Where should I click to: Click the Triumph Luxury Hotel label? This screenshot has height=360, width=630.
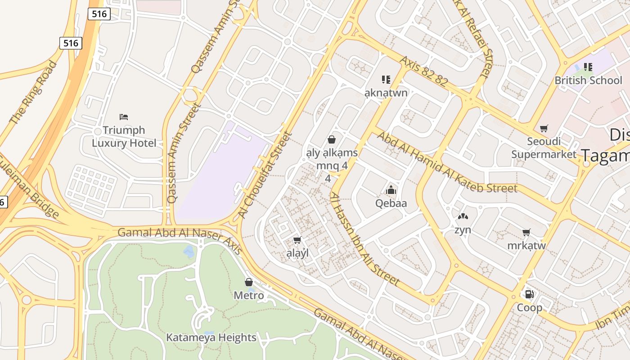124,137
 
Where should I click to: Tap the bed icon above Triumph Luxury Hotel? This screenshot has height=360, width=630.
124,117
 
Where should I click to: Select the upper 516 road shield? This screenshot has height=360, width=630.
99,14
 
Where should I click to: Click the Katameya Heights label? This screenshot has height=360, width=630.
211,337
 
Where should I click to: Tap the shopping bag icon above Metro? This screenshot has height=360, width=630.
249,282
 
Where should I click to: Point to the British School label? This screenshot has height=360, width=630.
588,81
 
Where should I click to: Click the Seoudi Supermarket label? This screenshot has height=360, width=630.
544,148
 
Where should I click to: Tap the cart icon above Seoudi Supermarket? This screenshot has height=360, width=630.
544,129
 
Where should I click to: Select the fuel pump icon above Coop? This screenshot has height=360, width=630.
530,294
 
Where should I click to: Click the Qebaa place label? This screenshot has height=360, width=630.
391,203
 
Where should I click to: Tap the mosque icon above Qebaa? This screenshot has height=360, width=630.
391,190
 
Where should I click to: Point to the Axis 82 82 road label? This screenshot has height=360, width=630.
423,71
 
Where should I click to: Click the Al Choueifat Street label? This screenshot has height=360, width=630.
265,175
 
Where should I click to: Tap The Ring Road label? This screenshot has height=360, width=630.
34,92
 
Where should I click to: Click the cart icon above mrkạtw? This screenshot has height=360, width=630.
526,233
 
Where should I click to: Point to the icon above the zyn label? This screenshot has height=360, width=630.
463,217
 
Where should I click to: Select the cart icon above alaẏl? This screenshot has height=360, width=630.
297,240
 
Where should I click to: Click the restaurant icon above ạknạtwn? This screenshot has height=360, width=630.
386,80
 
